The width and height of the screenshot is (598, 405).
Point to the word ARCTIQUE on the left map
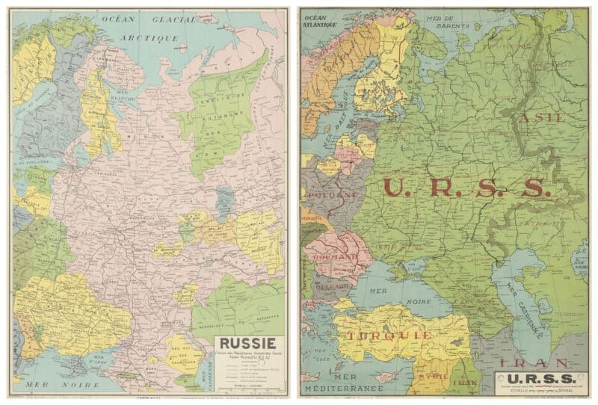point(152,37)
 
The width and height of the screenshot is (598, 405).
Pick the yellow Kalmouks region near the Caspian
point(182,353)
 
